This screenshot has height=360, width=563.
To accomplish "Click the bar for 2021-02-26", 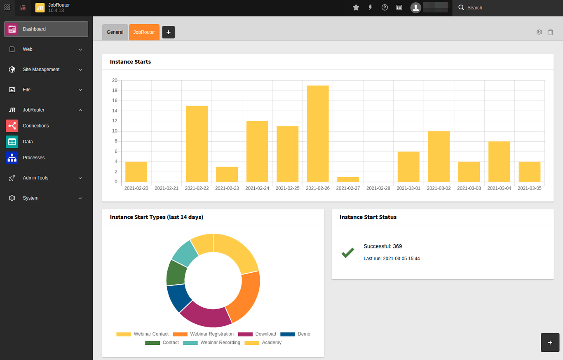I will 318,133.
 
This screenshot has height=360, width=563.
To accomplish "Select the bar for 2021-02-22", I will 197,144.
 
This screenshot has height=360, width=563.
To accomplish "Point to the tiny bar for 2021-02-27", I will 348,180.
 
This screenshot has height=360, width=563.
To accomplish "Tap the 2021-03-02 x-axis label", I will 439,188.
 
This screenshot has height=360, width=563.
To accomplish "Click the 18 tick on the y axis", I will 115,91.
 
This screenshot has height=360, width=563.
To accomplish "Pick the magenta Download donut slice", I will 206,316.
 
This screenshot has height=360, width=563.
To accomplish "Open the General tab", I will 115,32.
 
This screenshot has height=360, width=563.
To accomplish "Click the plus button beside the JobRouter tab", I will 169,32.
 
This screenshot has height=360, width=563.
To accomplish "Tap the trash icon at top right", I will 551,32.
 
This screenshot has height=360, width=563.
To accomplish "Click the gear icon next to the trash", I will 539,32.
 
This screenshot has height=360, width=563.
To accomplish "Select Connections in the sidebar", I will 36,126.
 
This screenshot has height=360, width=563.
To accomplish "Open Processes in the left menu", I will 34,158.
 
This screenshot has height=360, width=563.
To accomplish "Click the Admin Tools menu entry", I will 35,178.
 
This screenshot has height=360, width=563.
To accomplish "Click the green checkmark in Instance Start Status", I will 348,253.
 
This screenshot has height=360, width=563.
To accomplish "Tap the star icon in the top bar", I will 356,7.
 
